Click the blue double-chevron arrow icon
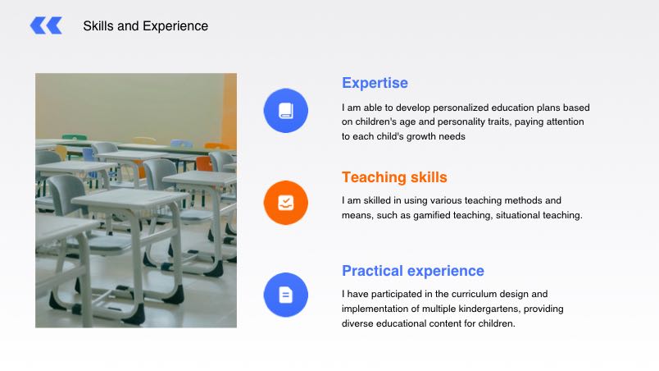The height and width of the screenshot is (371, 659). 46,25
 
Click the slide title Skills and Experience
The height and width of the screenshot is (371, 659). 145,26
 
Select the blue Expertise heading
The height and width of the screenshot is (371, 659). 375,83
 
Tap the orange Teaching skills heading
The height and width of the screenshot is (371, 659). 394,177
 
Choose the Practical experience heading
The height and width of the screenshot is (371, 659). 413,271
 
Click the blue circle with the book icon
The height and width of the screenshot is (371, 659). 286,111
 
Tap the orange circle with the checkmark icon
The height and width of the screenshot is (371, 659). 286,203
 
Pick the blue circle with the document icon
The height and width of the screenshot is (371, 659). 286,295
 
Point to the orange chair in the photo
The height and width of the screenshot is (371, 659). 205,163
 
